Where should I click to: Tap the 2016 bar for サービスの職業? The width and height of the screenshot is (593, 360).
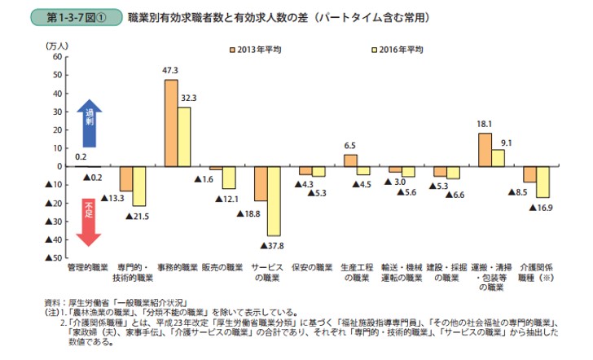tap(274, 200)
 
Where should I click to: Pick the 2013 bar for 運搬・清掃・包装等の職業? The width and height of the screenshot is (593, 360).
tap(485, 150)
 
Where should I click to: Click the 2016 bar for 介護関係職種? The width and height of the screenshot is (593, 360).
tap(542, 182)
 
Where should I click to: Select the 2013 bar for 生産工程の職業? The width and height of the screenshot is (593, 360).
tap(350, 160)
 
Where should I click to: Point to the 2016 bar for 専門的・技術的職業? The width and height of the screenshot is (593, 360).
tap(139, 186)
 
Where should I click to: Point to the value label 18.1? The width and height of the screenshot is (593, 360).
tap(484, 125)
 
